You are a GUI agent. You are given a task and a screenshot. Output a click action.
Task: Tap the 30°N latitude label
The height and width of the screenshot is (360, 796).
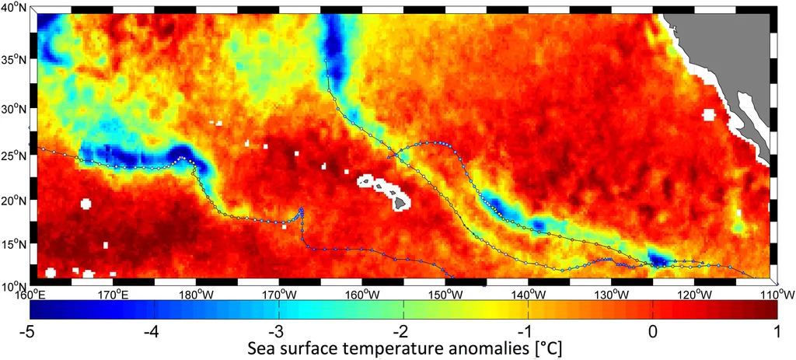(x=13, y=109)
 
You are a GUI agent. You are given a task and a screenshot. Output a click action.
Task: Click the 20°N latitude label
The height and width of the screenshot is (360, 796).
(x=13, y=200)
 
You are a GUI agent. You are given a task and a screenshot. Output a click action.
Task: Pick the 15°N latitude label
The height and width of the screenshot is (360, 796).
(x=13, y=245)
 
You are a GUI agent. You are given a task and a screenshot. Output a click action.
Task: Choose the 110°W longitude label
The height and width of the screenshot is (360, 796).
(x=778, y=294)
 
